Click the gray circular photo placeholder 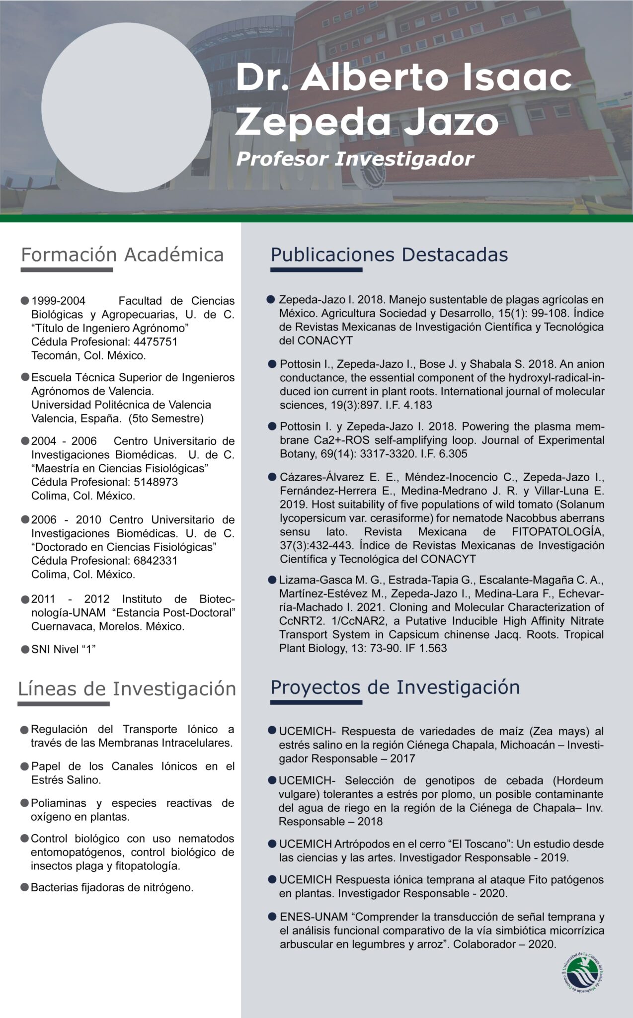coord(126,107)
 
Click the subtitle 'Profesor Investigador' coord(355,159)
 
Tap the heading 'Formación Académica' coord(122,254)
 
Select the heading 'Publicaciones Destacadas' coord(389,254)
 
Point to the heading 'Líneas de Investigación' coord(127,689)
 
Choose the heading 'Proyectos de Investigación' coord(395,687)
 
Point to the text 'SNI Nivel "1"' coord(63,649)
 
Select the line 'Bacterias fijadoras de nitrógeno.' coord(112,887)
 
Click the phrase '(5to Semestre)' coord(166,419)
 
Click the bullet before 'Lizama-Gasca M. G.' coord(271,580)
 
